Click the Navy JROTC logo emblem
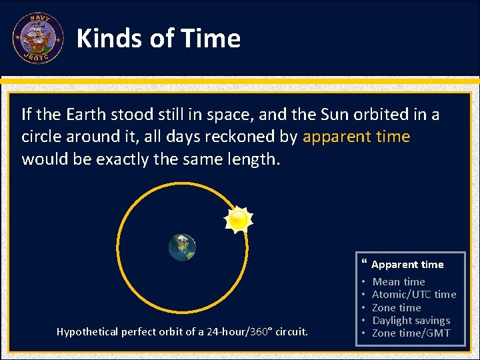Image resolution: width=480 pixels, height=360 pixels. [37, 37]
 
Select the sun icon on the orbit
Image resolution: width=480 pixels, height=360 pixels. [237, 219]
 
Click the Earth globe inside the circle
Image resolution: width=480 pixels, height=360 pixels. [182, 247]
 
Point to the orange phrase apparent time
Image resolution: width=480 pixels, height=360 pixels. [356, 137]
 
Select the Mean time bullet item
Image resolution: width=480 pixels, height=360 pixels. [398, 282]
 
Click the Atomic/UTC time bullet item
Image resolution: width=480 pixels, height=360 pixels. [413, 295]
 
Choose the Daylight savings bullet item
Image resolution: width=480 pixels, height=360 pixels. [411, 321]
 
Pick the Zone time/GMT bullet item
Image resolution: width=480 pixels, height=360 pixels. [411, 333]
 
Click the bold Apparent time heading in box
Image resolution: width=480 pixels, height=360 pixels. [407, 265]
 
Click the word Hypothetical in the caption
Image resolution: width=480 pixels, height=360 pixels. [86, 331]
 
